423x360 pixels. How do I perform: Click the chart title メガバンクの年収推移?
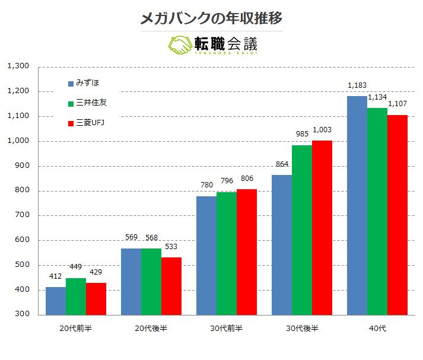pyautogui.click(x=211, y=18)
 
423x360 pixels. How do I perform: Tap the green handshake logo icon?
pyautogui.click(x=179, y=45)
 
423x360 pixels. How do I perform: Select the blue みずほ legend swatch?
pyautogui.click(x=71, y=84)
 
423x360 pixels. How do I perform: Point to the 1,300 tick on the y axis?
pyautogui.click(x=18, y=66)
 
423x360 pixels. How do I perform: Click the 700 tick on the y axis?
pyautogui.click(x=22, y=215)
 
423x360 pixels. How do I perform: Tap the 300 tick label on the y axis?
pyautogui.click(x=22, y=314)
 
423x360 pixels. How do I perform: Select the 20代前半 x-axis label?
pyautogui.click(x=75, y=328)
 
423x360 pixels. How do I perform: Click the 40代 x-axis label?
pyautogui.click(x=377, y=328)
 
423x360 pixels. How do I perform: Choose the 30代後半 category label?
pyautogui.click(x=302, y=328)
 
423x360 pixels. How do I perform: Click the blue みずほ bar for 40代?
pyautogui.click(x=357, y=205)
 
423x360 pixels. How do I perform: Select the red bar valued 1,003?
pyautogui.click(x=322, y=228)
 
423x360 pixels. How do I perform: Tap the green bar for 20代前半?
pyautogui.click(x=76, y=297)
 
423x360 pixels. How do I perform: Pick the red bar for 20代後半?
pyautogui.click(x=171, y=286)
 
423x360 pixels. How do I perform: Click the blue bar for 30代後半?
pyautogui.click(x=282, y=245)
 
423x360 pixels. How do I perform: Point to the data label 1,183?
pyautogui.click(x=357, y=85)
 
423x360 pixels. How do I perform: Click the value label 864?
pyautogui.click(x=282, y=164)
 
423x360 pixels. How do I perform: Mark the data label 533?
pyautogui.click(x=171, y=247)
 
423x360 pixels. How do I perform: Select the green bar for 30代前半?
pyautogui.click(x=227, y=253)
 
